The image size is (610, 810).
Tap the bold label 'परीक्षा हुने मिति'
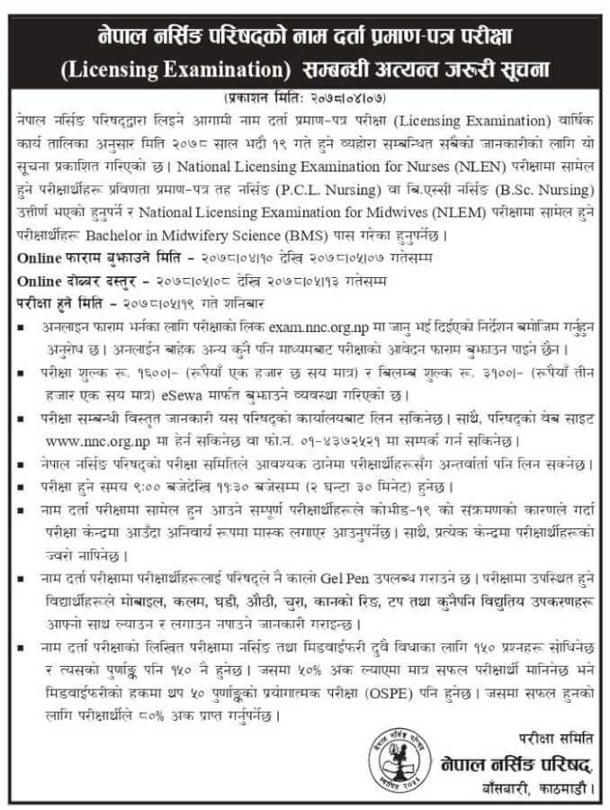pos(56,301)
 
